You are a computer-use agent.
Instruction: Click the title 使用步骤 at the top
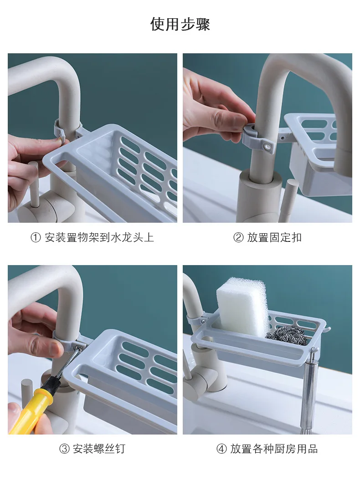(180, 24)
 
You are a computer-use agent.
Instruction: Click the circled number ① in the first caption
(36, 238)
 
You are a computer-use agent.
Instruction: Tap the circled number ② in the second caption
(238, 238)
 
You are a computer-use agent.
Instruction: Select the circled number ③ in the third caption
(64, 449)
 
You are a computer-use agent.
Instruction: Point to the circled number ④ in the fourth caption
(221, 449)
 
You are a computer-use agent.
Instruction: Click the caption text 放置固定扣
(274, 238)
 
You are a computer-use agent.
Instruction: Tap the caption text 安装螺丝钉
(99, 449)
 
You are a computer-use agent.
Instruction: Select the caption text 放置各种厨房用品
(274, 449)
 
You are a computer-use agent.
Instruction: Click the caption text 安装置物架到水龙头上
(99, 238)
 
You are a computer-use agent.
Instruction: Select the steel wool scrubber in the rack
(287, 336)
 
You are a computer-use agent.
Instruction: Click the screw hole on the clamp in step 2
(266, 145)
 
